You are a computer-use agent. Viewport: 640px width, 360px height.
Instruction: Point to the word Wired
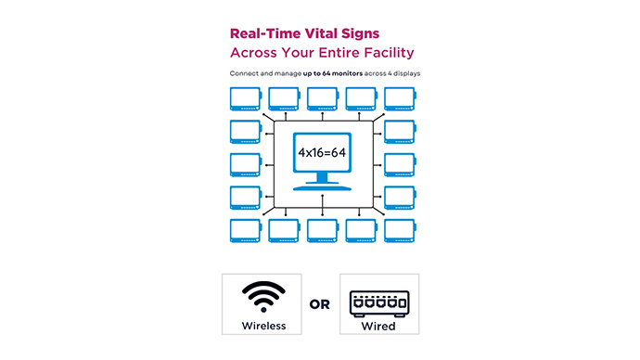pos(378,326)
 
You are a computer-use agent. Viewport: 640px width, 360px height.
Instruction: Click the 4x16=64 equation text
pos(321,149)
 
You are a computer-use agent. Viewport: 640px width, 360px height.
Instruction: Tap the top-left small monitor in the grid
pos(244,97)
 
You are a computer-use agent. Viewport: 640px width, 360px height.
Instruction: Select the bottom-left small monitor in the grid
pos(244,230)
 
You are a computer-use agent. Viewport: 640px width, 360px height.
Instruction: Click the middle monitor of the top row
pos(321,97)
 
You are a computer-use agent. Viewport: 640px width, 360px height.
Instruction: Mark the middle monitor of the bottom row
pos(321,230)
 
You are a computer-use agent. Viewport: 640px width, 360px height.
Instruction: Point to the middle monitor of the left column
pos(244,164)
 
